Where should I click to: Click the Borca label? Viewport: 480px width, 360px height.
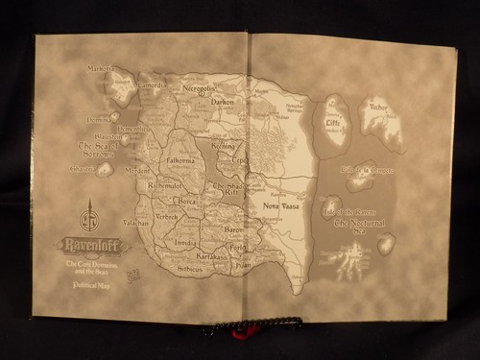pyautogui.click(x=187, y=203)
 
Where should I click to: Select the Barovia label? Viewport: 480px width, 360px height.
pyautogui.click(x=234, y=230)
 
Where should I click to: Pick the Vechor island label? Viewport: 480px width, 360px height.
pyautogui.click(x=378, y=108)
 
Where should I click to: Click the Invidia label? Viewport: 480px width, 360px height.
pyautogui.click(x=185, y=244)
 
